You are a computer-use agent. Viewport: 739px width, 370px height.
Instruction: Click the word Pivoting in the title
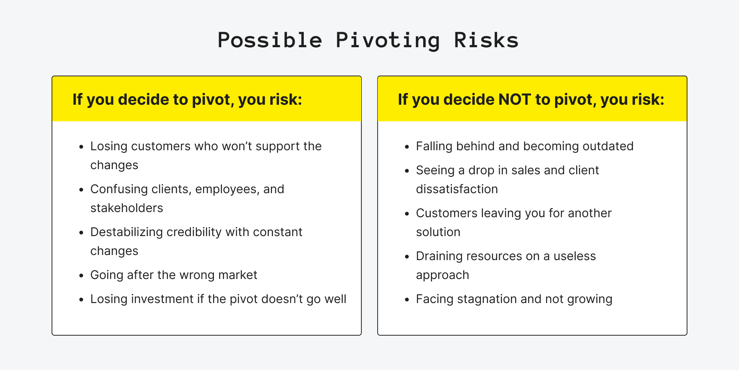click(x=388, y=41)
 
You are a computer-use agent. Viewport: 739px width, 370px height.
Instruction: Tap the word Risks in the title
click(x=486, y=41)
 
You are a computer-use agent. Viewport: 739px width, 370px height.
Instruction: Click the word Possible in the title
click(x=270, y=41)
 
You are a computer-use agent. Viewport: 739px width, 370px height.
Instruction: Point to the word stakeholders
click(x=127, y=208)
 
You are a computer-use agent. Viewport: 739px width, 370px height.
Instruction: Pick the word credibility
click(x=194, y=232)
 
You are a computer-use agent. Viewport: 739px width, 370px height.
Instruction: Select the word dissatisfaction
click(x=457, y=189)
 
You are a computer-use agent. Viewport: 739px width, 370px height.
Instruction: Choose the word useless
click(x=574, y=256)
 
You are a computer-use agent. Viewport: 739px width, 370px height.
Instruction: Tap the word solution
click(x=438, y=232)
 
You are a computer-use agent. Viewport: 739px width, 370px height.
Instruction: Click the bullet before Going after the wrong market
click(x=81, y=276)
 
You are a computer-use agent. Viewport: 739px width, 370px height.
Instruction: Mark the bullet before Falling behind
click(x=407, y=147)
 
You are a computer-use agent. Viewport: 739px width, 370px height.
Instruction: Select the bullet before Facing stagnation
click(x=407, y=300)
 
